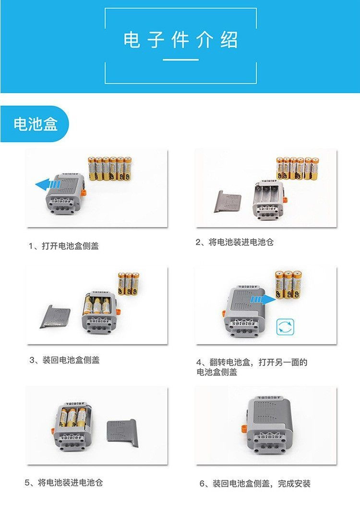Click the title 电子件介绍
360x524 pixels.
pyautogui.click(x=180, y=40)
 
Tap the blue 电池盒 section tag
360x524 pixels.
pyautogui.click(x=36, y=124)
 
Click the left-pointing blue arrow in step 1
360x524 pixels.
pyautogui.click(x=48, y=183)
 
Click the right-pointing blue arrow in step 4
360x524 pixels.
pyautogui.click(x=262, y=299)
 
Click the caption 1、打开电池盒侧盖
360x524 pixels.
pyautogui.click(x=64, y=246)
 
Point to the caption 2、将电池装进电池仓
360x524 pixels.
pyautogui.click(x=235, y=242)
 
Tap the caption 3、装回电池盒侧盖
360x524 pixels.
pyautogui.click(x=64, y=360)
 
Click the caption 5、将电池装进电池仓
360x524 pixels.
pyautogui.click(x=64, y=482)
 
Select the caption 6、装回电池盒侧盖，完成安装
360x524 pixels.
pyautogui.click(x=255, y=483)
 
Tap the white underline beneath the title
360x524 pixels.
pyautogui.click(x=180, y=60)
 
